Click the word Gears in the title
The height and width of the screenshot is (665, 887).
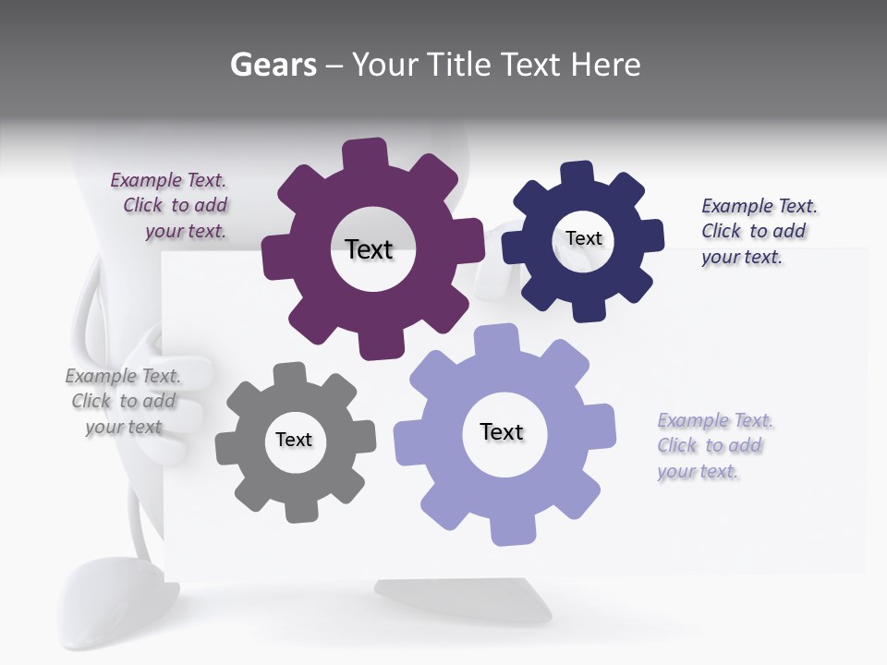pos(273,65)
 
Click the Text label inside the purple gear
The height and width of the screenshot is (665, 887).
pos(369,249)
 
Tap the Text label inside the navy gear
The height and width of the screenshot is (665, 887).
pos(583,238)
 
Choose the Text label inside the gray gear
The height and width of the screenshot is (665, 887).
pos(294,440)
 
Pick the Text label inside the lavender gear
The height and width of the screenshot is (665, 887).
pos(502,431)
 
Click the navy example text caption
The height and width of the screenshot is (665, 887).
pos(758,231)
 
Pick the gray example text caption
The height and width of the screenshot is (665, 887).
pos(123,401)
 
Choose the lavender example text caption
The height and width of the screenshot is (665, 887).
pos(714,445)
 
